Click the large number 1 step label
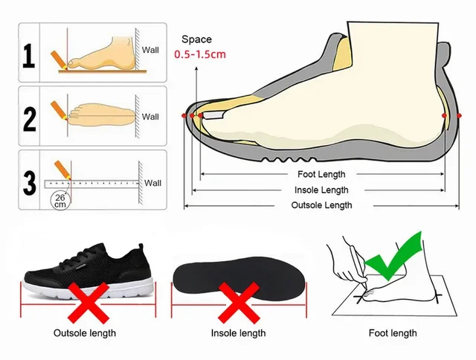click(x=28, y=55)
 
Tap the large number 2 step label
click(x=28, y=119)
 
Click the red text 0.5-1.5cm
click(x=200, y=54)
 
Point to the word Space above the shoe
click(x=196, y=39)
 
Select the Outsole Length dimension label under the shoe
click(x=321, y=205)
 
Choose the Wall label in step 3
click(x=152, y=182)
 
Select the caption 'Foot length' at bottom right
click(x=393, y=333)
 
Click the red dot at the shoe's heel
click(x=444, y=116)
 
